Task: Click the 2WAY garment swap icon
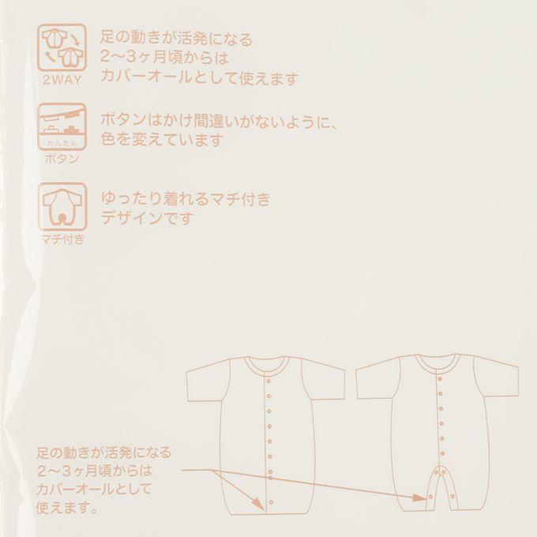(x=62, y=47)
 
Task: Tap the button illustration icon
(x=62, y=126)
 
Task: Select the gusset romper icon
(x=62, y=207)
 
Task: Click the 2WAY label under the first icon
(x=62, y=80)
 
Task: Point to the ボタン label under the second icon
(x=62, y=159)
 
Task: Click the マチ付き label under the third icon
(x=62, y=239)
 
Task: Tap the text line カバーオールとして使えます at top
(x=199, y=78)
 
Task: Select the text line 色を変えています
(x=163, y=140)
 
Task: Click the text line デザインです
(x=147, y=218)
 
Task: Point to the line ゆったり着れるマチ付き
(x=186, y=199)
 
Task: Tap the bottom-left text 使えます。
(x=67, y=508)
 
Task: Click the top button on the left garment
(x=268, y=381)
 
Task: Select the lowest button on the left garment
(x=271, y=502)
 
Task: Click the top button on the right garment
(x=440, y=378)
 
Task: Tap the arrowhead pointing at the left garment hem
(x=258, y=503)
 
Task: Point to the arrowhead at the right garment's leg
(x=419, y=498)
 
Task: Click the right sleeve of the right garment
(x=496, y=377)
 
